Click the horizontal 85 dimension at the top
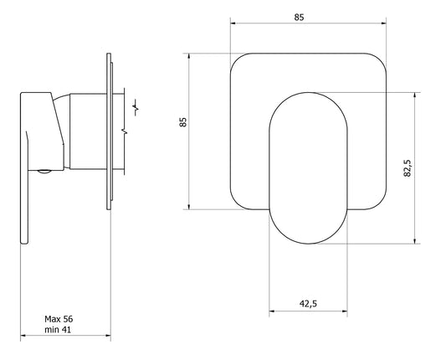299,18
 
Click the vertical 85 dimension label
183,122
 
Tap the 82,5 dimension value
408,168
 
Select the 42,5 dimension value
308,304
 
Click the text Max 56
59,319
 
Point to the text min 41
58,330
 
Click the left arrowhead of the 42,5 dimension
272,311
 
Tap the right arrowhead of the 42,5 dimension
345,311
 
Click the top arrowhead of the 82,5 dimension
415,95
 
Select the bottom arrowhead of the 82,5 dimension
415,241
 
